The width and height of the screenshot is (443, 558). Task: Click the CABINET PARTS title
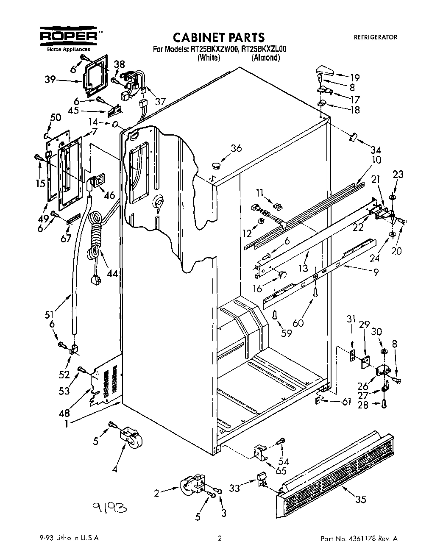pos(219,38)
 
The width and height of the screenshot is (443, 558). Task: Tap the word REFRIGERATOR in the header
pos(375,37)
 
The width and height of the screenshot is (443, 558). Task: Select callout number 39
pos(50,80)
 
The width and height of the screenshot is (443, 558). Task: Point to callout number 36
pos(236,148)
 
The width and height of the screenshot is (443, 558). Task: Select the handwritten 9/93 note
pos(108,508)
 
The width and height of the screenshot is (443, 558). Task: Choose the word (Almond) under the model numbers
pos(265,58)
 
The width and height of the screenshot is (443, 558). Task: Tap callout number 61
pos(346,401)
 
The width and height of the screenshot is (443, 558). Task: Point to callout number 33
pos(234,488)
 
